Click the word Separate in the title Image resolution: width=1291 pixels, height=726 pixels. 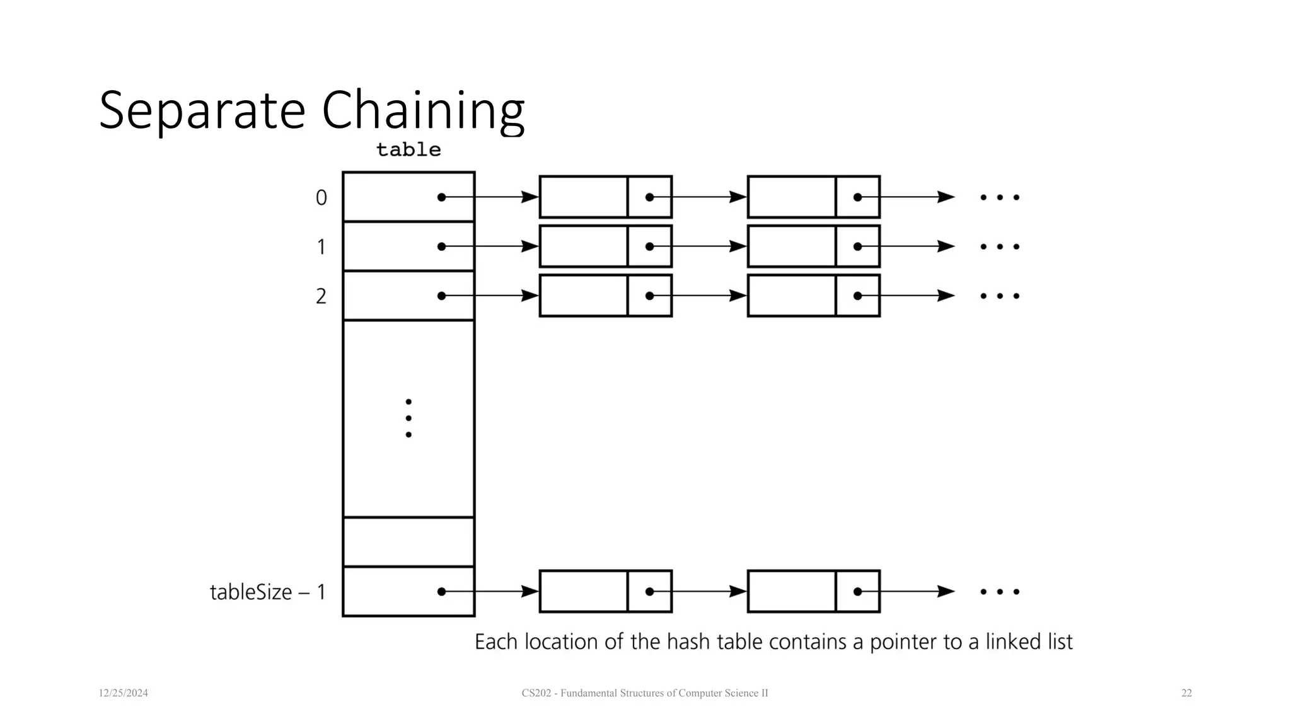coord(202,111)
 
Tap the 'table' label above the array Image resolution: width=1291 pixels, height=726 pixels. coord(408,150)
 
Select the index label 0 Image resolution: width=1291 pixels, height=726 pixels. coord(321,198)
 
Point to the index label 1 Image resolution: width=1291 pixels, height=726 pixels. coord(321,247)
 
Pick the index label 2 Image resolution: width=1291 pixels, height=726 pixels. coord(321,296)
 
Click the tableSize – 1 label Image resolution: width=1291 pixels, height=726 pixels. coord(267,592)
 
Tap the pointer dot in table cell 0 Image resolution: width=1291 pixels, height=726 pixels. coord(441,197)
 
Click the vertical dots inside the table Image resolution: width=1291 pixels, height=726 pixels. coord(408,418)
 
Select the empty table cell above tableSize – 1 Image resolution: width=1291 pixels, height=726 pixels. coord(408,542)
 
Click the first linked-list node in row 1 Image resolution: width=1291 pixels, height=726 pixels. coord(605,246)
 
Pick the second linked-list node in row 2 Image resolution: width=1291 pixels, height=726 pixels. coord(813,296)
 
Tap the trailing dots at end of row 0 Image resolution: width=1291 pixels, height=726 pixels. coord(999,197)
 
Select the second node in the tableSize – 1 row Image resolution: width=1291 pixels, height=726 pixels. coord(813,591)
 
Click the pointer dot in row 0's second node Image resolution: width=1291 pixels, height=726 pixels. coord(857,197)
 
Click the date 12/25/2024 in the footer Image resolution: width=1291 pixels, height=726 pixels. coord(123,693)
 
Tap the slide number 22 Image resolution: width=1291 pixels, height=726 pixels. coord(1186,693)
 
